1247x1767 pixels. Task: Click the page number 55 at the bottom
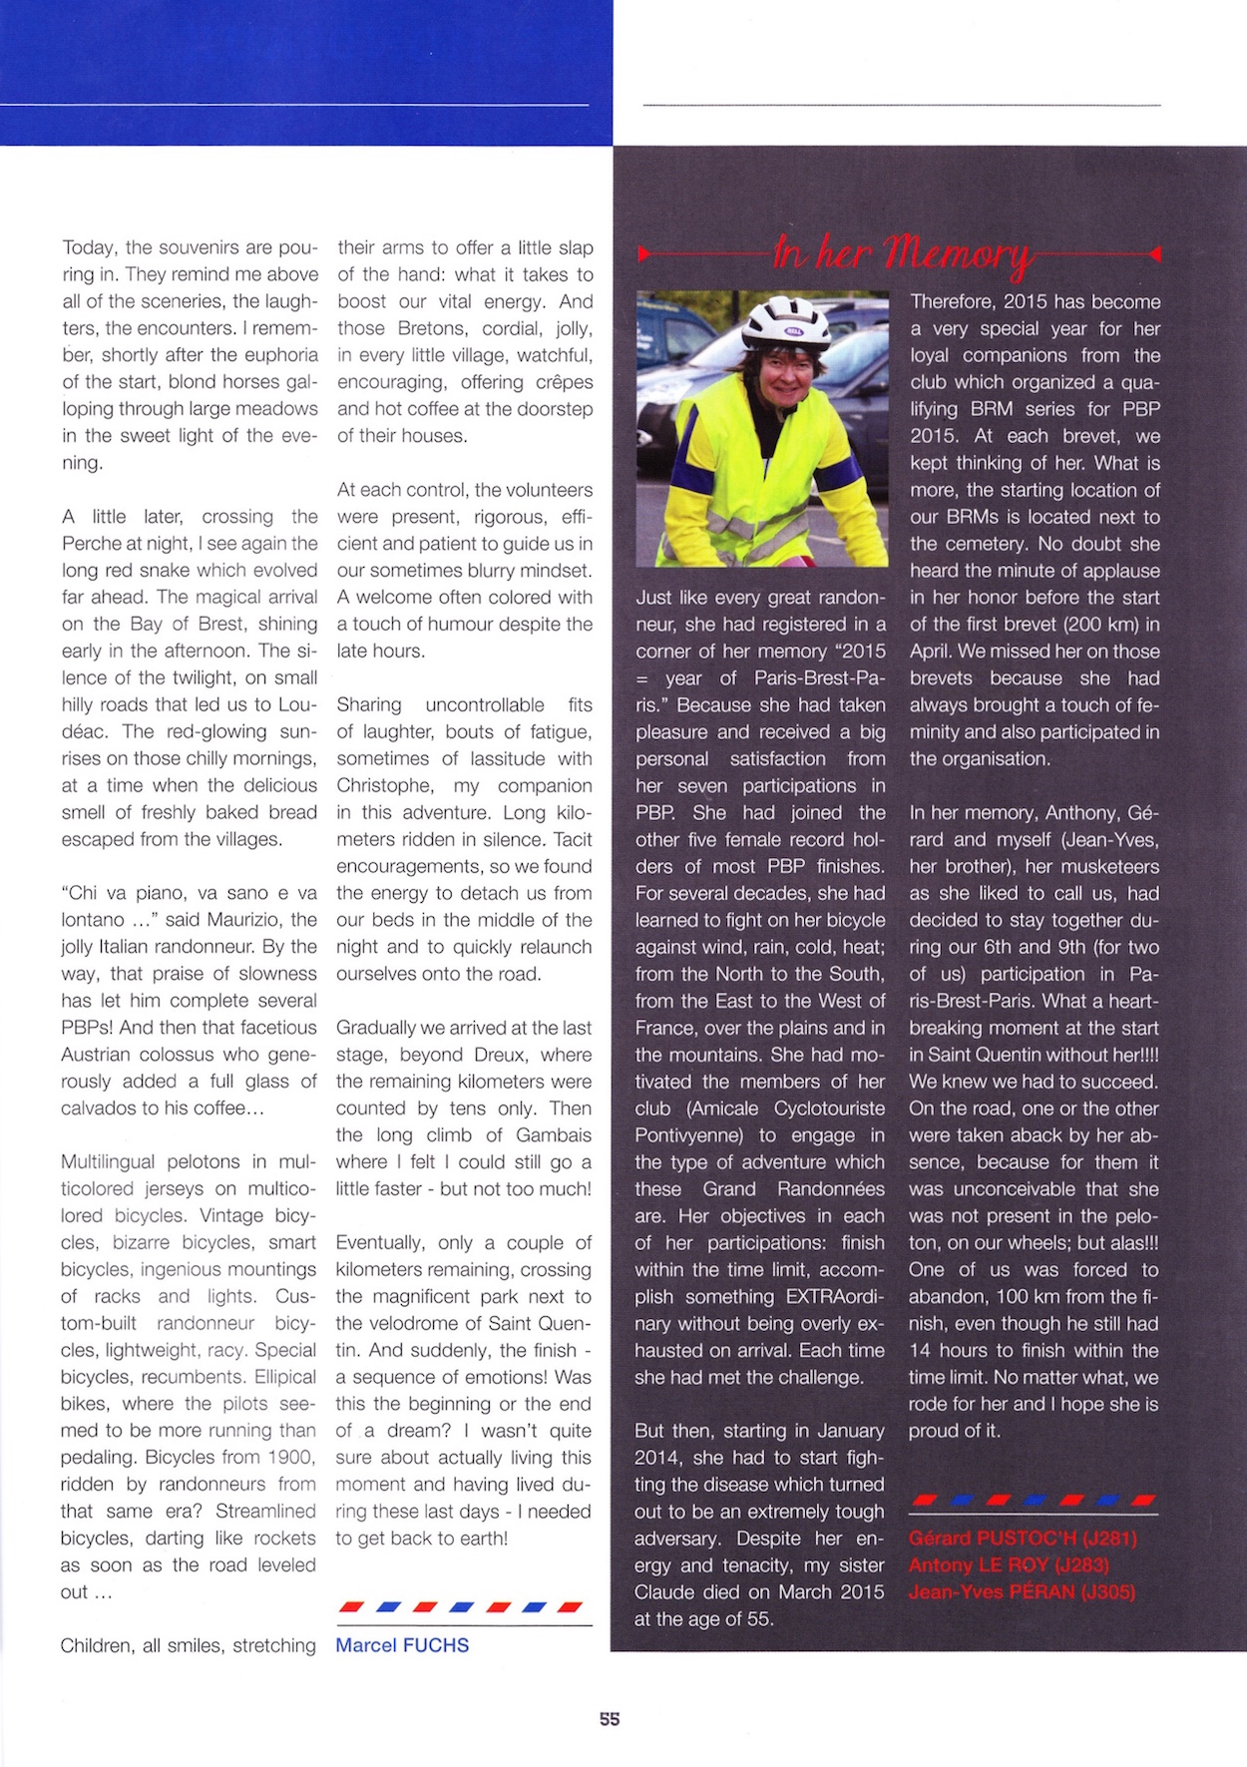coord(610,1718)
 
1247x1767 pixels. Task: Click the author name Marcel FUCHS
coord(402,1645)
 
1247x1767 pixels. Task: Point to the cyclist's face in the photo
coord(783,370)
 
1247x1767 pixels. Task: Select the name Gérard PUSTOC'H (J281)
coord(1023,1538)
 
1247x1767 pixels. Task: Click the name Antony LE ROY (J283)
coord(1009,1564)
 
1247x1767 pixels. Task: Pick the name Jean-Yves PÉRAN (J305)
coord(1022,1591)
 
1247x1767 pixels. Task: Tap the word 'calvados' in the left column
coord(101,1108)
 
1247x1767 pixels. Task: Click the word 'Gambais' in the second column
coord(554,1135)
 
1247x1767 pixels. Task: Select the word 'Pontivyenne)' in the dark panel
coord(690,1135)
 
